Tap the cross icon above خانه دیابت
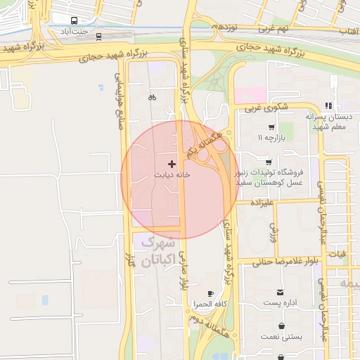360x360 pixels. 172,164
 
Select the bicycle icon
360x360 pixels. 153,98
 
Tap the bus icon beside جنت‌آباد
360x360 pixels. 75,20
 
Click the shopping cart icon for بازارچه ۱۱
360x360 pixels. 271,127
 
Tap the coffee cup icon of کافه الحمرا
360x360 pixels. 210,293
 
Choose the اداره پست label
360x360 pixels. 282,303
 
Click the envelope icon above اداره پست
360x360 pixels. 281,292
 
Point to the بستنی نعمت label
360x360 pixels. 282,337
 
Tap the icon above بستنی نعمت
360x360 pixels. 282,326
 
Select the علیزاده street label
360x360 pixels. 262,202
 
